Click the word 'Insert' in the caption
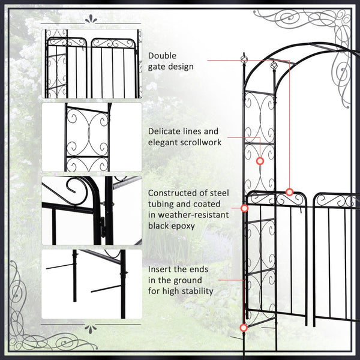tap(160, 269)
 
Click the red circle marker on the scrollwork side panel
tap(260, 161)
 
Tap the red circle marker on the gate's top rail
tap(289, 192)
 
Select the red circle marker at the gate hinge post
tap(244, 208)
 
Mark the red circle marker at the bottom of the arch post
tap(243, 328)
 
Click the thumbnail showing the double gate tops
tap(92, 62)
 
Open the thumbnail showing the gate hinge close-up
tap(92, 211)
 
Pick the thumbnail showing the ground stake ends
tap(92, 284)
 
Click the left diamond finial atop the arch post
tap(244, 59)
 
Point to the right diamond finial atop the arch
tap(271, 65)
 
